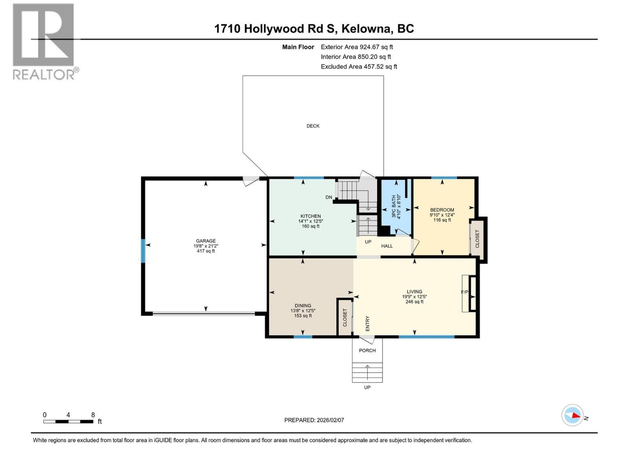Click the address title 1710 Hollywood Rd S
point(314,29)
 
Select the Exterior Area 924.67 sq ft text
point(357,47)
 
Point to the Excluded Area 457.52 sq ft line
point(359,67)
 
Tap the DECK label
point(313,126)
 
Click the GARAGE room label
point(206,241)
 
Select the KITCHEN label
point(311,216)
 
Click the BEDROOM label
point(442,210)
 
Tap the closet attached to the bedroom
point(478,239)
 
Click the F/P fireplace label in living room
point(465,292)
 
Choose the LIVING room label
point(414,292)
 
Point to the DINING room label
point(303,306)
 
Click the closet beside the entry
point(345,317)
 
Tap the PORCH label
point(367,351)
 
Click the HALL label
point(387,246)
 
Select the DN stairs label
point(329,197)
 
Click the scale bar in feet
point(68,422)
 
